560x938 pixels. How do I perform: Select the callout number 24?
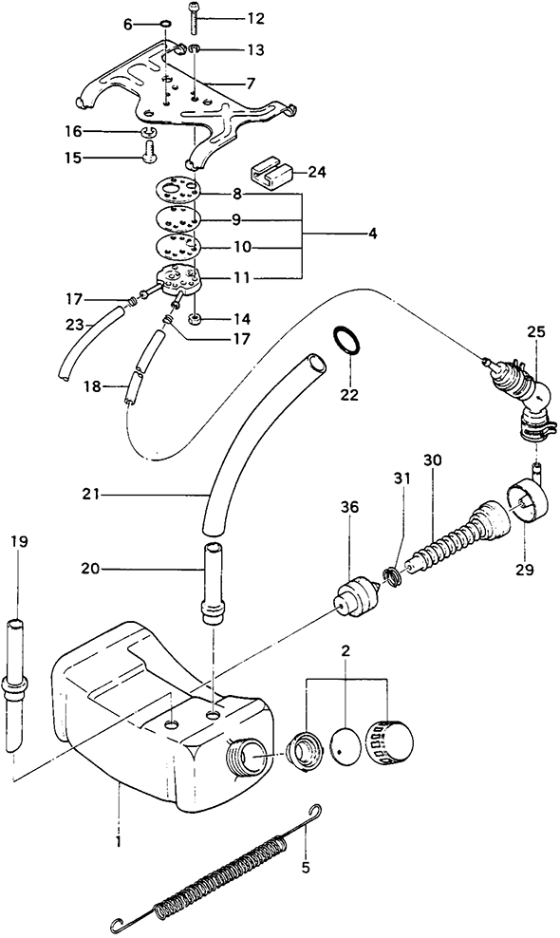[x=317, y=173]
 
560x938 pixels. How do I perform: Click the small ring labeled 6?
[x=165, y=25]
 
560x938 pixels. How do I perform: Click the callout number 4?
[x=372, y=234]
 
